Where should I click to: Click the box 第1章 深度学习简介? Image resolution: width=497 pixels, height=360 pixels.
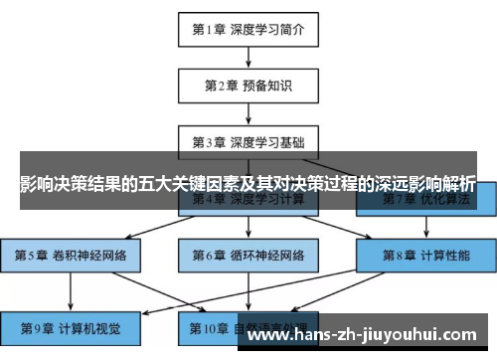[x=248, y=30]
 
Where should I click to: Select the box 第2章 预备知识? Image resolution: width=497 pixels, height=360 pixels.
[x=248, y=86]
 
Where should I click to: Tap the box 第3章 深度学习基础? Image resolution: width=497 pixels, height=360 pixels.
[x=248, y=140]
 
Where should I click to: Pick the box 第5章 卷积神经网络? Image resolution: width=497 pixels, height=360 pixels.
[x=70, y=255]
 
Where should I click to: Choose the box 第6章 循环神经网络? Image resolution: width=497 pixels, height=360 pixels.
[x=248, y=255]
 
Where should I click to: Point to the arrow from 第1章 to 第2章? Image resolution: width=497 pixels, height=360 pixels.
[x=248, y=58]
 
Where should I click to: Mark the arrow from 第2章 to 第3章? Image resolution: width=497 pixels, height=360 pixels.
[x=248, y=112]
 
